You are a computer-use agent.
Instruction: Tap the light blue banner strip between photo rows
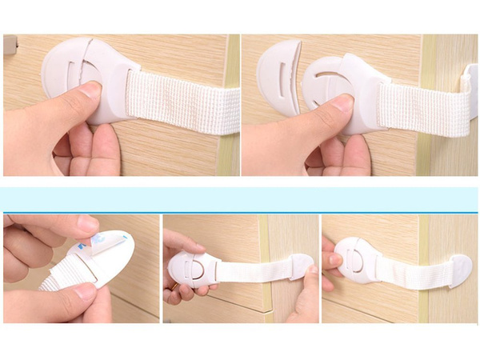pyautogui.click(x=240, y=200)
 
